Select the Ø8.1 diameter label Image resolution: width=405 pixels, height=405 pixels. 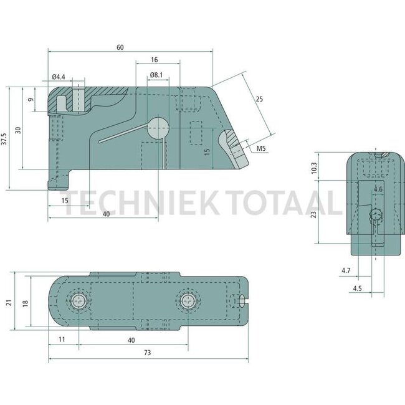click(x=156, y=76)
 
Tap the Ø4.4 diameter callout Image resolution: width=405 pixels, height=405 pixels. click(x=58, y=77)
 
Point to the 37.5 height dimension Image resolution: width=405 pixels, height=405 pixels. click(x=5, y=138)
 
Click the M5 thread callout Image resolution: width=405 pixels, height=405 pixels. click(x=261, y=148)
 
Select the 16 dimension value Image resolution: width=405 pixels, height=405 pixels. click(x=154, y=60)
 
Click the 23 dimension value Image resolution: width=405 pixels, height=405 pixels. click(x=314, y=213)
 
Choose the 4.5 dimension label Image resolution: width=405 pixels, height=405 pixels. click(x=357, y=288)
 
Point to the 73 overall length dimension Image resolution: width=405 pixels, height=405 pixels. click(x=147, y=353)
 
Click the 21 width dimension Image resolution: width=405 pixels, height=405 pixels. click(x=8, y=303)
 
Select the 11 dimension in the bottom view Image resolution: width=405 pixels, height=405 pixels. click(x=61, y=340)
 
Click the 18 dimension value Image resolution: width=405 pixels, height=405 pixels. click(x=25, y=303)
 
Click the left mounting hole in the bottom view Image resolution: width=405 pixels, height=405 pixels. click(x=79, y=302)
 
